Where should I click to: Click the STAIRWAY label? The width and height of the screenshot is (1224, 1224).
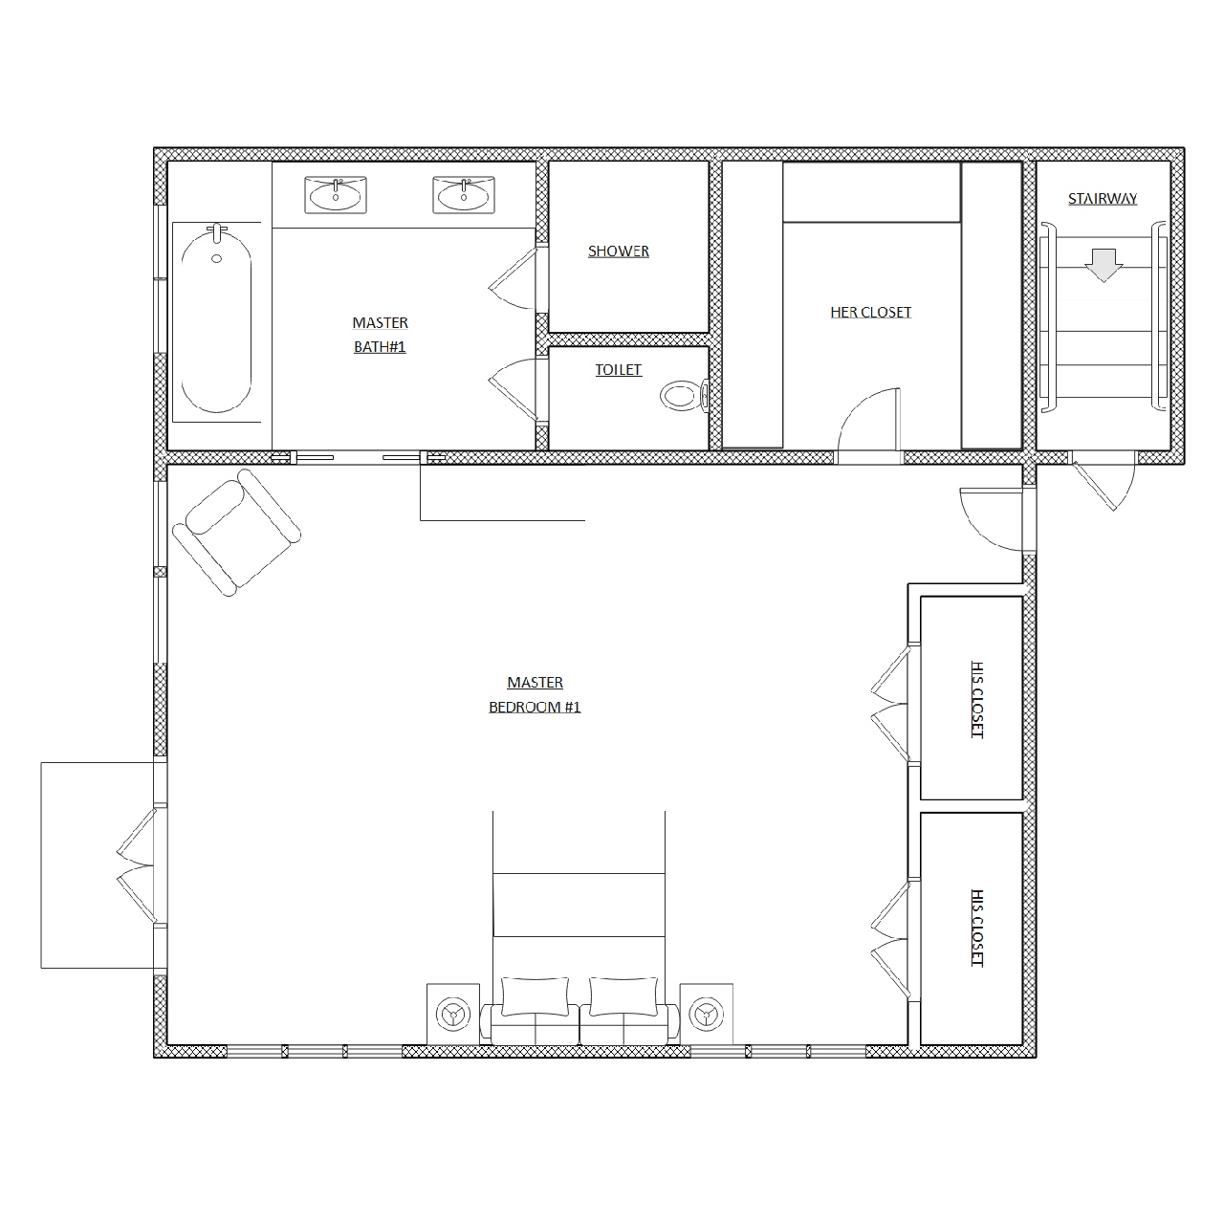tap(1102, 199)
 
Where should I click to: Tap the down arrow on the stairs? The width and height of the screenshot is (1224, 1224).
tap(1104, 265)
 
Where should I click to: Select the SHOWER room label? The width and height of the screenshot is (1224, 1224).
tap(618, 251)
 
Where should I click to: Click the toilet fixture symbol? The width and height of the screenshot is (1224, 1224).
tap(684, 396)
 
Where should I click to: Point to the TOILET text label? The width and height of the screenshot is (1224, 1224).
tap(618, 370)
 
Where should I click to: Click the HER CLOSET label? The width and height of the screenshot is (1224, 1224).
tap(870, 313)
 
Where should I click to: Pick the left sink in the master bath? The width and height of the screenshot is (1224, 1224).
tap(336, 195)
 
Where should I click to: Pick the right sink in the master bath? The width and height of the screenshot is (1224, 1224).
tap(464, 195)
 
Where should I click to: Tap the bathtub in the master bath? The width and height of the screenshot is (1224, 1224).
tap(217, 321)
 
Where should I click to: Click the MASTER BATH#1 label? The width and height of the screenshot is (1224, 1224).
tap(380, 335)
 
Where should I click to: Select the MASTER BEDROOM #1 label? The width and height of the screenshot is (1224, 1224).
tap(535, 694)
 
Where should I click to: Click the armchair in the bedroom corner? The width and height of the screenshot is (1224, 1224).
tap(237, 533)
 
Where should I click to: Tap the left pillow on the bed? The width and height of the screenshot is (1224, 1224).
tap(535, 996)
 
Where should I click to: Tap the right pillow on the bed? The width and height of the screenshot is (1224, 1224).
tap(623, 996)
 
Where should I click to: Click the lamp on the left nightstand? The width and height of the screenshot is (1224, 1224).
tap(453, 1015)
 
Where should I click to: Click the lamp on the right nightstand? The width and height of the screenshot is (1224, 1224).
tap(706, 1015)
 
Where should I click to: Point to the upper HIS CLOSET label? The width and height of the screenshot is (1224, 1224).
tap(977, 699)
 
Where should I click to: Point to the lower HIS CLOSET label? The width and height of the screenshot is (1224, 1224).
tap(977, 928)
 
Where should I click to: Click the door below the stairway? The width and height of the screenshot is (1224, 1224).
tap(1103, 481)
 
